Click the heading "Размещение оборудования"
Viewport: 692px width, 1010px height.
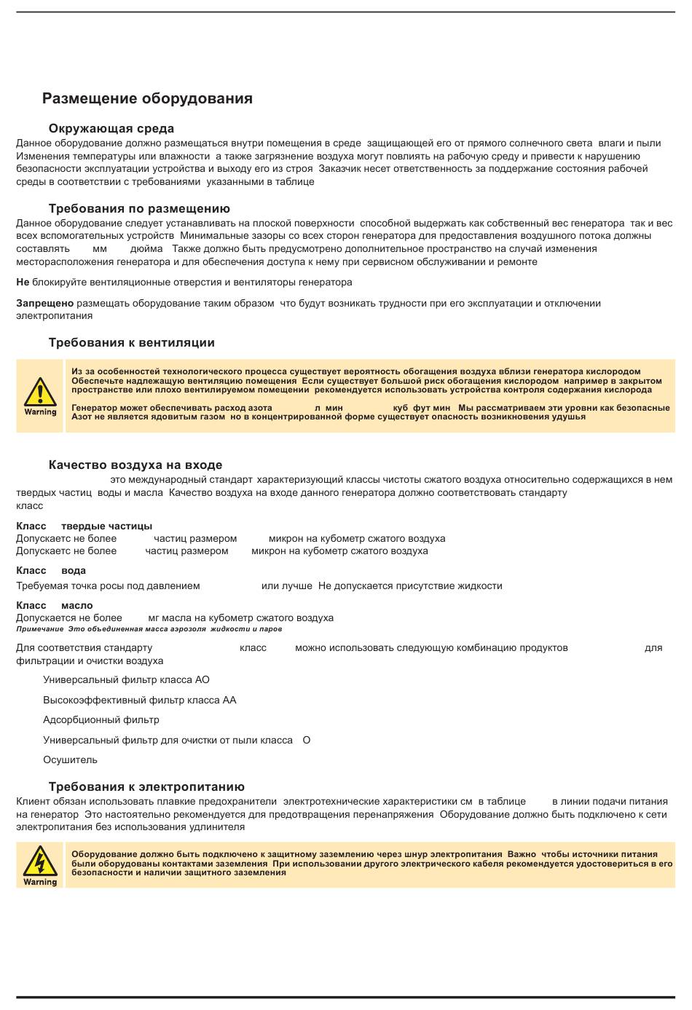click(x=147, y=98)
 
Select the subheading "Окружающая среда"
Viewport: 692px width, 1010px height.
click(x=111, y=129)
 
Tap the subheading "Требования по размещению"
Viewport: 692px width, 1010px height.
click(x=139, y=209)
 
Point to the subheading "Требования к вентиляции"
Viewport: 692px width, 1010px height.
click(x=131, y=343)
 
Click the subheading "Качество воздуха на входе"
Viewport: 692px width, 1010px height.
click(x=135, y=465)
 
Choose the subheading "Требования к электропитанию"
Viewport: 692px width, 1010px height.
click(x=146, y=787)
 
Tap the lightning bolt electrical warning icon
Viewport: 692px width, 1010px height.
click(x=40, y=861)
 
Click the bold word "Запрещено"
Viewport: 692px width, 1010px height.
click(x=44, y=303)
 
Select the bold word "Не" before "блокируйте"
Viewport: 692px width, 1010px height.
click(x=23, y=282)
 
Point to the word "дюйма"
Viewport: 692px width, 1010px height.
click(x=146, y=249)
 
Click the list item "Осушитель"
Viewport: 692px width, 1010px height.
click(x=70, y=760)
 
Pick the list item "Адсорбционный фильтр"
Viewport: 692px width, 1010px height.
click(x=101, y=720)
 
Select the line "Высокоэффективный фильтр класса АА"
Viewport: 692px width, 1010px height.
click(x=139, y=701)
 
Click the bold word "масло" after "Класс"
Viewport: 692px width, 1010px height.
click(x=76, y=605)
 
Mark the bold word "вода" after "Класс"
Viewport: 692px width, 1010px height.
click(x=74, y=571)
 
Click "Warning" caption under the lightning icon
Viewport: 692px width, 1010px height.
click(x=40, y=882)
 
